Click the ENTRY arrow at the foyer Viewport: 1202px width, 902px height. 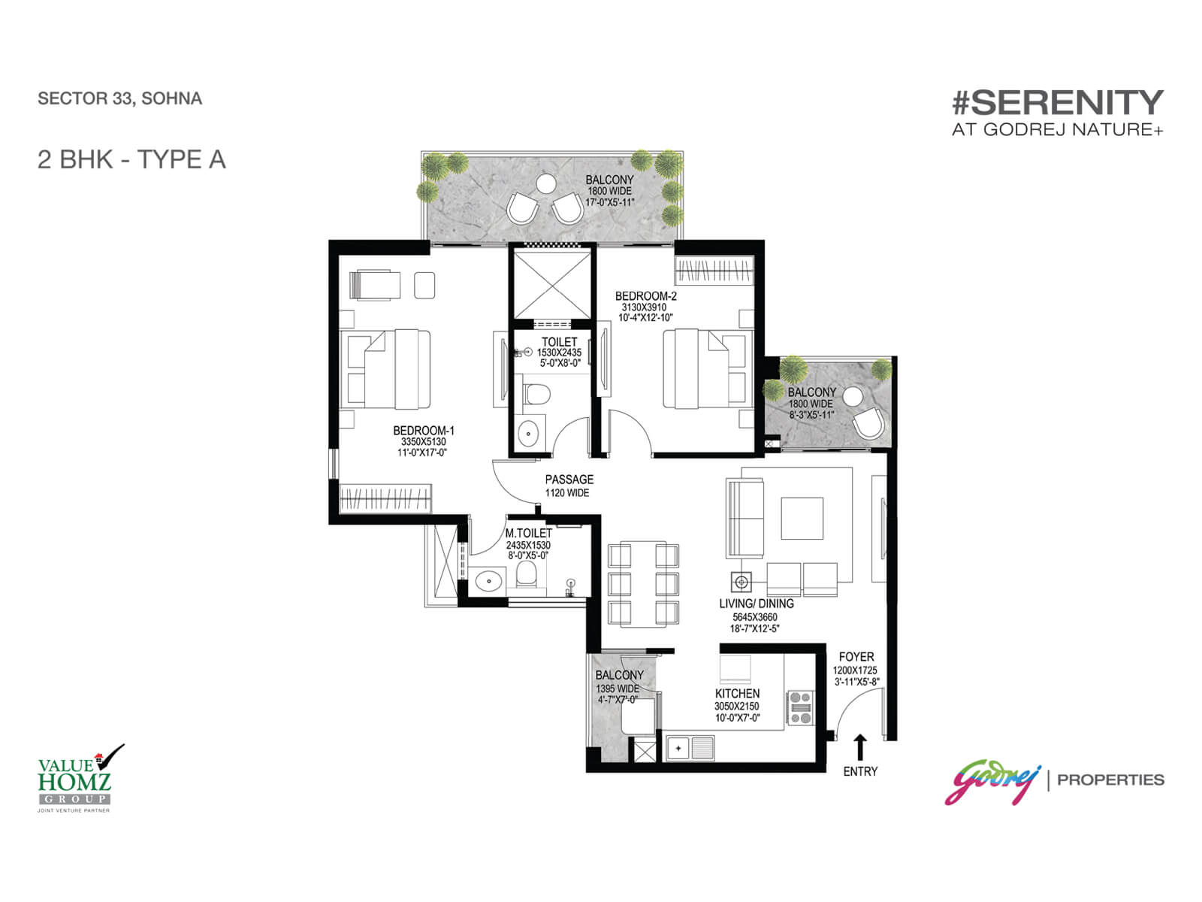[860, 747]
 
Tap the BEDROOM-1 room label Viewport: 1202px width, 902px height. [424, 431]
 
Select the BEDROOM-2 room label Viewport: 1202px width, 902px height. [645, 296]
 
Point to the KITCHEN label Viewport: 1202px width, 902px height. [737, 694]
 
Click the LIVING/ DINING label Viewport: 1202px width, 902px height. [756, 604]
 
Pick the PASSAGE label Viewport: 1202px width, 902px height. [569, 479]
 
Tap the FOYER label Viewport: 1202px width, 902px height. [856, 657]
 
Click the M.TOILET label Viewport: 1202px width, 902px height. [528, 533]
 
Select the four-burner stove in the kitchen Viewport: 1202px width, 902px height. [800, 707]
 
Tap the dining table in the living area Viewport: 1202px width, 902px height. [643, 584]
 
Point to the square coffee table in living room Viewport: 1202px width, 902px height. [802, 519]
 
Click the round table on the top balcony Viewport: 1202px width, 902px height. [545, 183]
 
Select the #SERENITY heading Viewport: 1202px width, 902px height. [1057, 102]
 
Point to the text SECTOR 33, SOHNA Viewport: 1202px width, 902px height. [119, 98]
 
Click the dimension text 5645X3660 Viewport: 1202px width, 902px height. [755, 617]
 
